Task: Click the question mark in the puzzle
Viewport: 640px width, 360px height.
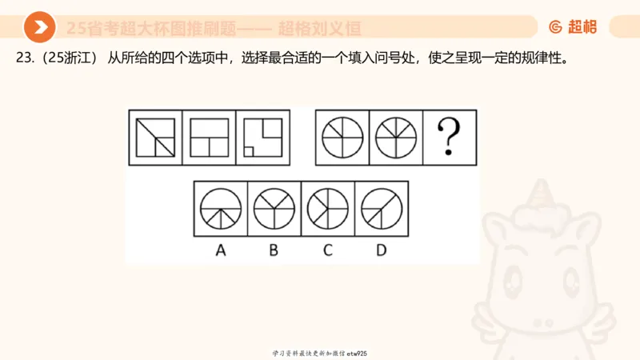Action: pyautogui.click(x=450, y=137)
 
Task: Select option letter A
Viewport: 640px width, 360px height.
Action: pyautogui.click(x=221, y=250)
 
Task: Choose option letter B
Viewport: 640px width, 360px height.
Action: pyautogui.click(x=274, y=250)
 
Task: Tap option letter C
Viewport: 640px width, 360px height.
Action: pyautogui.click(x=327, y=250)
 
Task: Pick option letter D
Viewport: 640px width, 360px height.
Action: pyautogui.click(x=381, y=250)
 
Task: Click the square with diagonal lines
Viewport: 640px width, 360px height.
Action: pyautogui.click(x=156, y=137)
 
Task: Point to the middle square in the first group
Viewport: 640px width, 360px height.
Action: pyautogui.click(x=210, y=137)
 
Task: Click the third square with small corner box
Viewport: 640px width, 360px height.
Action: pyautogui.click(x=263, y=137)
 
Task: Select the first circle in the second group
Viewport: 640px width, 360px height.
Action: pyautogui.click(x=342, y=137)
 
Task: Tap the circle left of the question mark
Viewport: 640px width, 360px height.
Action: pyautogui.click(x=396, y=137)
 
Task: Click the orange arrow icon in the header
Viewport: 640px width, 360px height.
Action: pyautogui.click(x=38, y=28)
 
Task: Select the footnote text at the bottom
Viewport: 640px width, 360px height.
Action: pyautogui.click(x=320, y=353)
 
